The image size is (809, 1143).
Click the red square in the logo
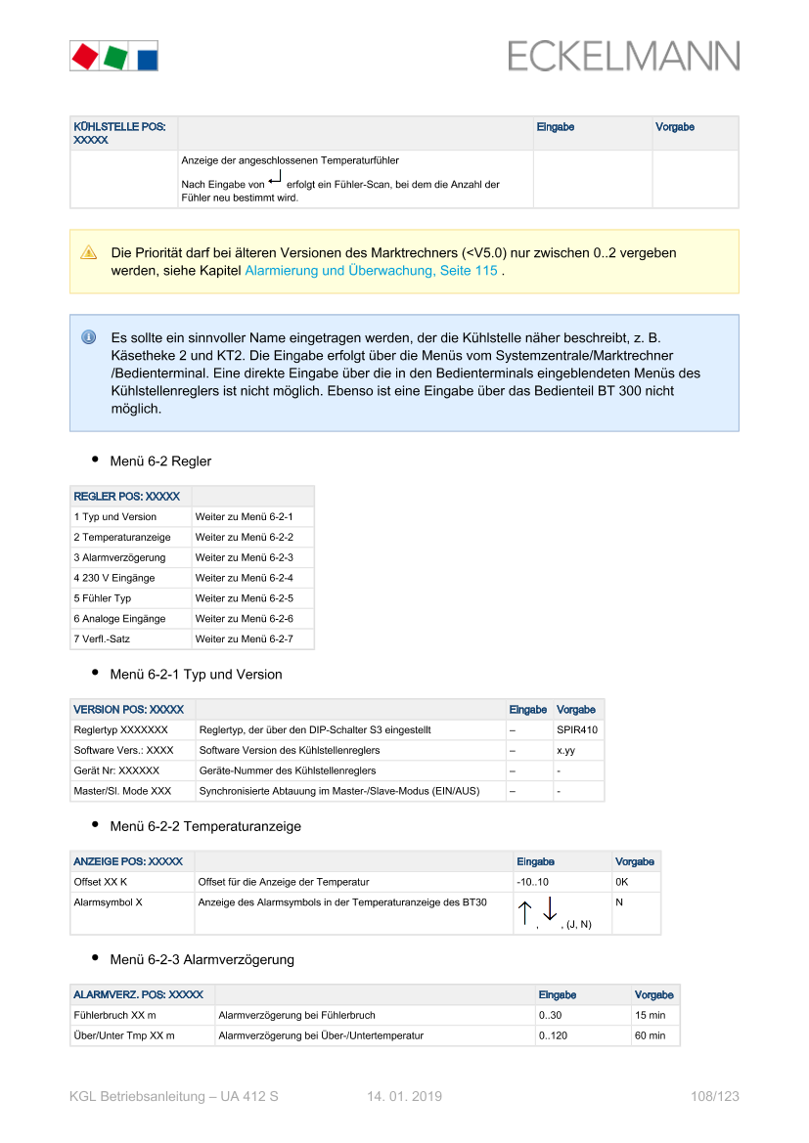tap(84, 56)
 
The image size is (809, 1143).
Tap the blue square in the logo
tap(146, 58)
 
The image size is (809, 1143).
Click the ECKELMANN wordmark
tap(623, 56)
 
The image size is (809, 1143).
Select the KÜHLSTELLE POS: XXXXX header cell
tap(119, 133)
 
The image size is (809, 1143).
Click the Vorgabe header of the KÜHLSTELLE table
tap(675, 127)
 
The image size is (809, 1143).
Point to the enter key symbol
tap(276, 177)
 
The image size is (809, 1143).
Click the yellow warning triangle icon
tap(89, 252)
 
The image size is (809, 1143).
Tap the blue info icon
tap(88, 337)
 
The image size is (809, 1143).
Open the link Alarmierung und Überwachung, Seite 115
tap(371, 270)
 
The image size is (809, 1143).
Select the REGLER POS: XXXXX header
tap(127, 497)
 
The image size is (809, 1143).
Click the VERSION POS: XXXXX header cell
tap(129, 710)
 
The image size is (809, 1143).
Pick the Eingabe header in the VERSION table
tap(528, 710)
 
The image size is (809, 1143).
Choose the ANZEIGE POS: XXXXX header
tap(128, 861)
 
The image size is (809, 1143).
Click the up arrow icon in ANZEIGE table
tap(524, 913)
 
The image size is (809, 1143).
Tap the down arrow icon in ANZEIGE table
tap(550, 911)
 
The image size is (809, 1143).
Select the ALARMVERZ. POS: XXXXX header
tap(139, 994)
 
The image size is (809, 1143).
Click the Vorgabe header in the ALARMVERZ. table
tap(654, 995)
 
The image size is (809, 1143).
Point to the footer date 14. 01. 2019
tap(404, 1097)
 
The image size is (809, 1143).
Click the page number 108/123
tap(714, 1097)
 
